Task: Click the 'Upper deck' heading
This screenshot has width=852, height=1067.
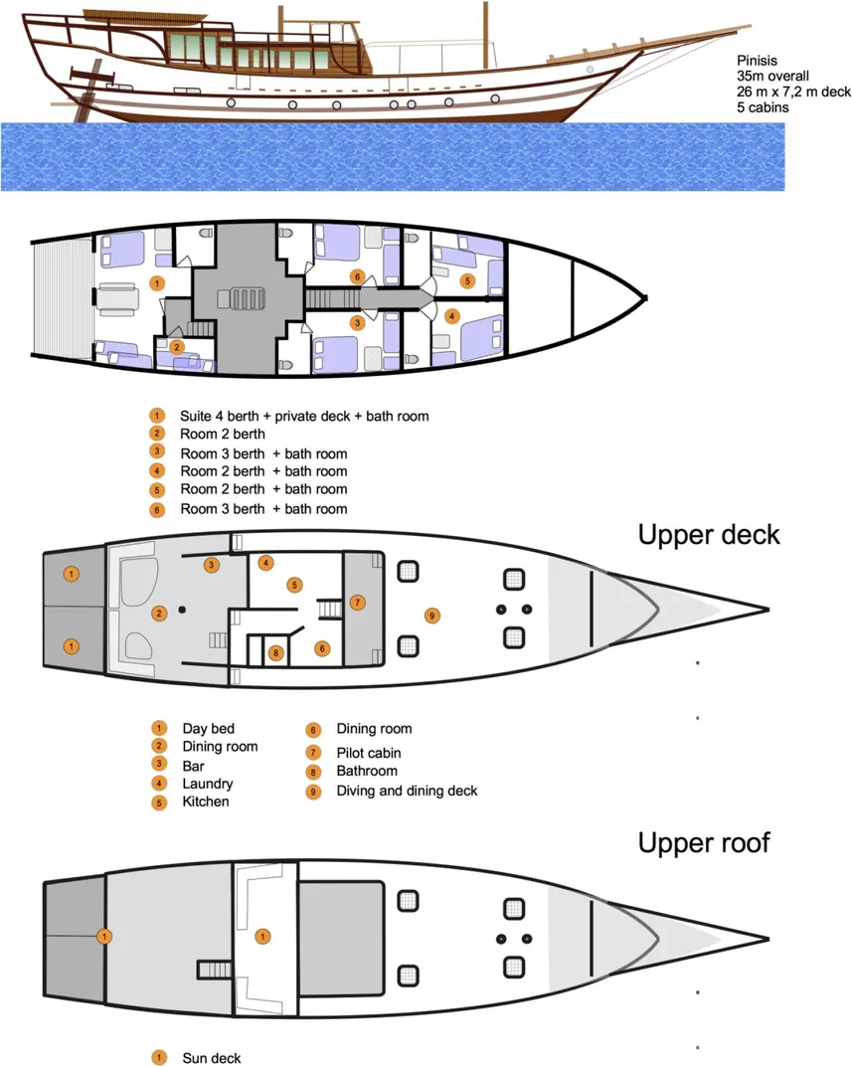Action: pos(708,534)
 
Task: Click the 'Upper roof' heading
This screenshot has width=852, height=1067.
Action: pos(703,843)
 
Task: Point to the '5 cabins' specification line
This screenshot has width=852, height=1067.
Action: pos(763,107)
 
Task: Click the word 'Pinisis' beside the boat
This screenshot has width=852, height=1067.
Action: pos(757,60)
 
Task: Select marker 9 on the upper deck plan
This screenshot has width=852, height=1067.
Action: pos(431,616)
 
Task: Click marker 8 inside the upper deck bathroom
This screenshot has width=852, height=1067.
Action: pos(275,653)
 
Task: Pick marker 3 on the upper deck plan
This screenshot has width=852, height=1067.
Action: pos(211,565)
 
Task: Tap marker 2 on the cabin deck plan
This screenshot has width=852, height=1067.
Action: pos(176,347)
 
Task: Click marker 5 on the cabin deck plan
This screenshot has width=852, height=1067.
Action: pos(467,281)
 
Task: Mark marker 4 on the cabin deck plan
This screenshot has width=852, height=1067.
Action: pos(451,317)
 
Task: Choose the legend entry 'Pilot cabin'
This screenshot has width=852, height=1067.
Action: pos(368,753)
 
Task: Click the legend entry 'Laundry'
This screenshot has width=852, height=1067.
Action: pos(207,784)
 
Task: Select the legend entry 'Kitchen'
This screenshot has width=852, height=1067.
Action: pos(205,801)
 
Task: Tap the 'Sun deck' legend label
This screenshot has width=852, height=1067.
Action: pos(211,1058)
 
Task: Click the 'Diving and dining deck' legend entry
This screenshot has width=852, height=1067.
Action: pos(407,791)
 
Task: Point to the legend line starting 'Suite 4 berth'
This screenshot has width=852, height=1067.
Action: pos(303,416)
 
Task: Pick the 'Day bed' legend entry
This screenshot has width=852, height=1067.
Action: pos(208,729)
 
